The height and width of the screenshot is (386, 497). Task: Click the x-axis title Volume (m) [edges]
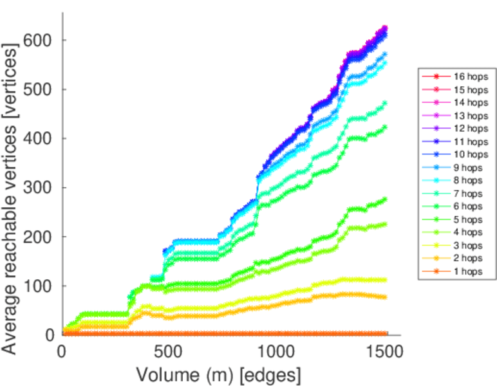pyautogui.click(x=218, y=374)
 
